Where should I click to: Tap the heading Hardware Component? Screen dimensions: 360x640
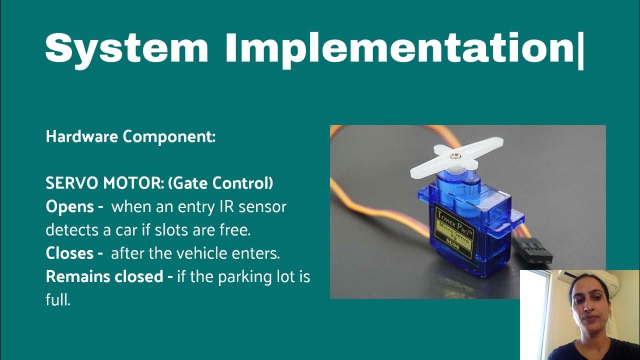click(130, 137)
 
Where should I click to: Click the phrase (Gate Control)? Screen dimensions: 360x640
click(220, 183)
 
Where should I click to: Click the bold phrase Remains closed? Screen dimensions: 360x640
click(104, 276)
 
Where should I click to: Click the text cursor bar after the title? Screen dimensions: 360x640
click(580, 48)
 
